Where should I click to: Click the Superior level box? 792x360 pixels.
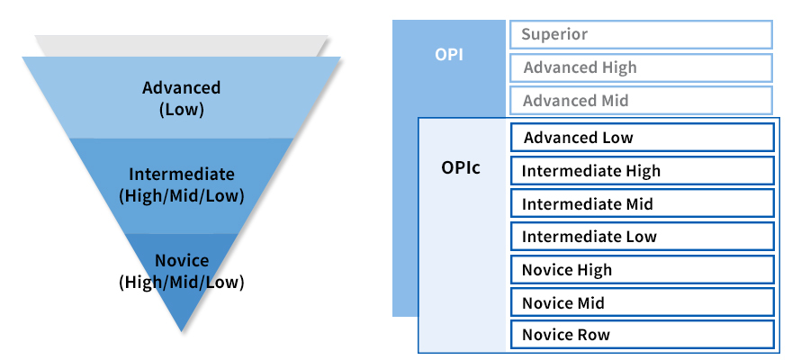[x=641, y=34]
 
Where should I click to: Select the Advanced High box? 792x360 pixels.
[x=641, y=67]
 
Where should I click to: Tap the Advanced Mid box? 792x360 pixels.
[x=641, y=101]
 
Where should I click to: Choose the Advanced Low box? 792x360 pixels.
[x=642, y=138]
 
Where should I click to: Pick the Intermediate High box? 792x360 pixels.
[x=642, y=171]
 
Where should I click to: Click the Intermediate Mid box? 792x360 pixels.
[x=642, y=203]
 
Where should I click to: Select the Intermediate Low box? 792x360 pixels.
[x=642, y=237]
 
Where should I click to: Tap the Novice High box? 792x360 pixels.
[x=642, y=270]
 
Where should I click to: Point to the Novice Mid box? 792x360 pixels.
[x=642, y=302]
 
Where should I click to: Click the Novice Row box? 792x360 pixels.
[x=642, y=334]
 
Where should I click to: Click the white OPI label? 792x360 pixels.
[x=449, y=55]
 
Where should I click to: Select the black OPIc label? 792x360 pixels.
[x=461, y=167]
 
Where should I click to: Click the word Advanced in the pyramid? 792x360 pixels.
[x=181, y=87]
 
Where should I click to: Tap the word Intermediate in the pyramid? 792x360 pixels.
[x=182, y=174]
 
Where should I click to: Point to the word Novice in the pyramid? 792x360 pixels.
[x=182, y=260]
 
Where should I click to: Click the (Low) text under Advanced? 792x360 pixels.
[x=181, y=110]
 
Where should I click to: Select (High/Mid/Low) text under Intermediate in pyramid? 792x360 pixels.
[x=181, y=196]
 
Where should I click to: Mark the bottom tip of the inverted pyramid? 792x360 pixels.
[x=182, y=332]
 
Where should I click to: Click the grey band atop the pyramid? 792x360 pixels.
[x=181, y=46]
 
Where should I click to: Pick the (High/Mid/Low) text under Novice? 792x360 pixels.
[x=181, y=283]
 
